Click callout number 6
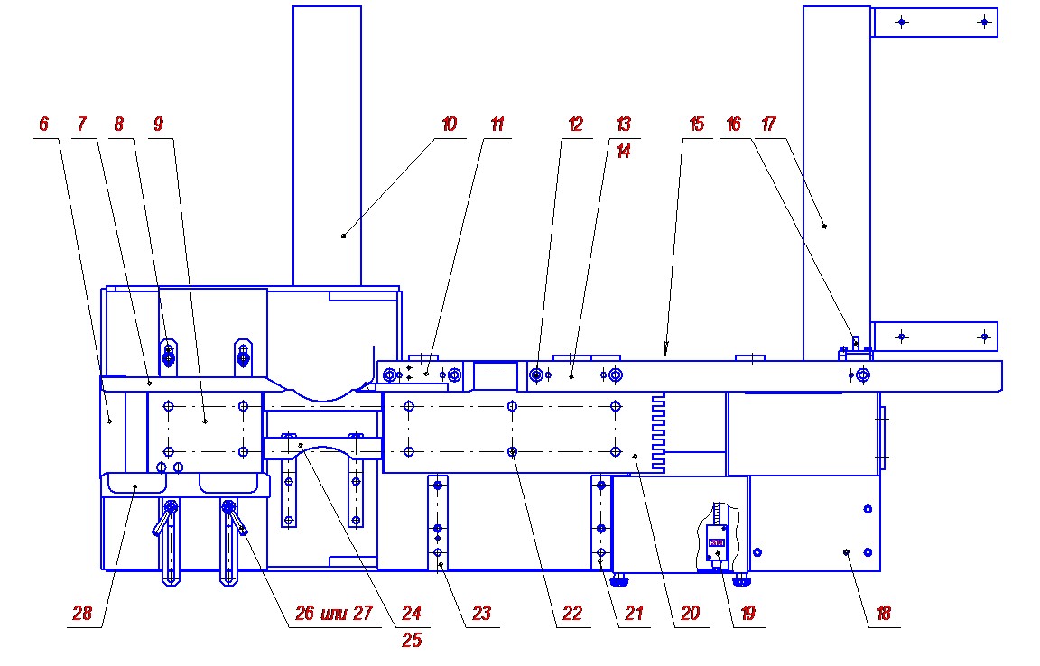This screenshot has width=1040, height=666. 43,124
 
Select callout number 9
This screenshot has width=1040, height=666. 158,124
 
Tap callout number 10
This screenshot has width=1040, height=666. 450,124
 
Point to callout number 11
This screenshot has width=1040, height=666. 497,124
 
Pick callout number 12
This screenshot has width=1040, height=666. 576,124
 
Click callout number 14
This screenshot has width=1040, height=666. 624,152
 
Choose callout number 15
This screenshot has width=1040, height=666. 696,124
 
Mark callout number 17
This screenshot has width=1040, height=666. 769,124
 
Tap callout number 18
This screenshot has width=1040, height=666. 884,613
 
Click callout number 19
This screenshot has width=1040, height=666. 748,613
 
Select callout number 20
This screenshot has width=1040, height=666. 691,613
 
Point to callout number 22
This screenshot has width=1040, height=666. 572,613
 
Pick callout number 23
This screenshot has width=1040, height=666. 481,613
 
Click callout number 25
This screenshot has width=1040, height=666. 412,640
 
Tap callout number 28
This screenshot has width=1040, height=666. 82,613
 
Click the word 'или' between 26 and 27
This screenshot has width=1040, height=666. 334,614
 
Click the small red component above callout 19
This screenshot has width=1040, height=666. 717,542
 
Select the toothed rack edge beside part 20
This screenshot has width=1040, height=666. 658,432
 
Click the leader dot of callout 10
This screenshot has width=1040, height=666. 344,236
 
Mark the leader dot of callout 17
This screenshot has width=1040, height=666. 824,227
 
